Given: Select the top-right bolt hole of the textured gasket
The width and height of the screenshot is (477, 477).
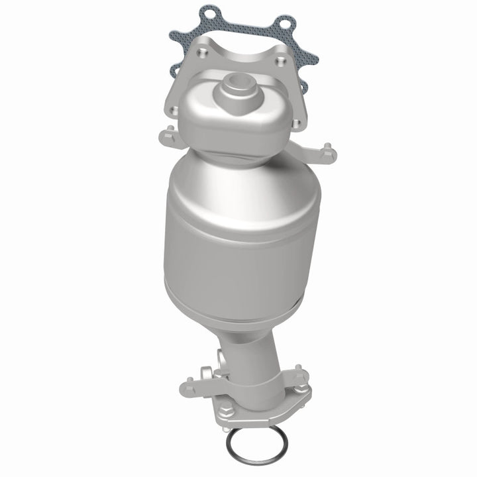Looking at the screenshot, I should coord(286,25).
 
